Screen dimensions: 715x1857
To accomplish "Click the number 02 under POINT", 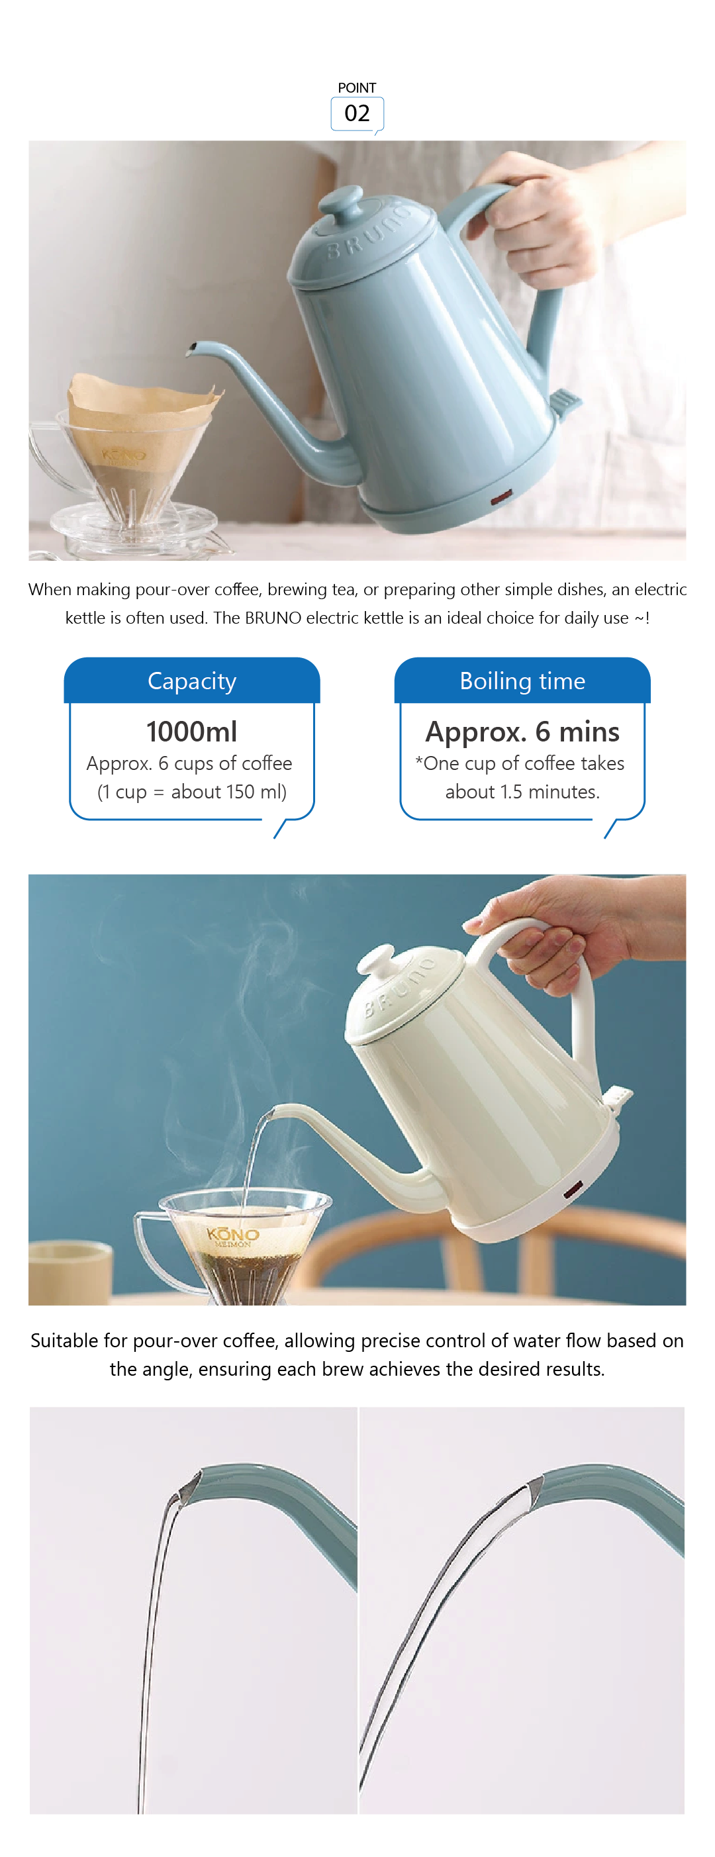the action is pos(357,113).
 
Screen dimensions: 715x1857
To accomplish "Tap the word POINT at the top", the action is pos(357,88).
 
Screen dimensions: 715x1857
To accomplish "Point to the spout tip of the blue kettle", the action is pos(191,350).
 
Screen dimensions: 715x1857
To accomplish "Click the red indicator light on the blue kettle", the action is pos(501,496).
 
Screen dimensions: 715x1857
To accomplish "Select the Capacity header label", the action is pos(192,681).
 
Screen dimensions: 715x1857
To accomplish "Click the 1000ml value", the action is pos(192,731).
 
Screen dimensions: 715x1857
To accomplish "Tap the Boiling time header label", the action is pos(522,681).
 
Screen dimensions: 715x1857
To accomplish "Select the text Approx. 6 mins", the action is pos(522,732).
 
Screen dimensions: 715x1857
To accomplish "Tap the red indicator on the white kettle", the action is pos(573,1190).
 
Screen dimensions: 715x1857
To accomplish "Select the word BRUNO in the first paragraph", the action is pos(273,618).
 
